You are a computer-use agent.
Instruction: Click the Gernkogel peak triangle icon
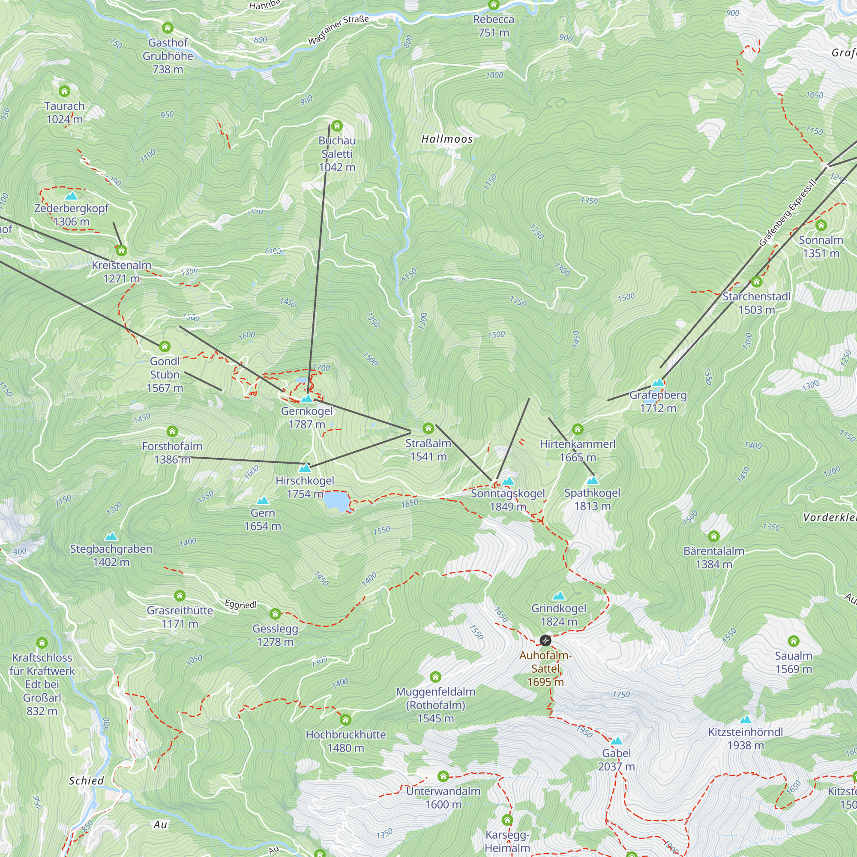pos(307,399)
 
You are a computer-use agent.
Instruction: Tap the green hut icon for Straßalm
pos(428,428)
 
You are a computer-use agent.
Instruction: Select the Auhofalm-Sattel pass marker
pos(545,641)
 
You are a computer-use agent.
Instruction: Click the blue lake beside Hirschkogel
pos(336,502)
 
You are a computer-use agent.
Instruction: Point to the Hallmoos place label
pos(446,139)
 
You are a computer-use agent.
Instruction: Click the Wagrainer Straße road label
pos(339,30)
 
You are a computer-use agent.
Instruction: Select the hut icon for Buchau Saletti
pos(337,126)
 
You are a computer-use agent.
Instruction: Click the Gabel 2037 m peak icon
pos(617,741)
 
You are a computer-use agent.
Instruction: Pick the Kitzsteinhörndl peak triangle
pos(746,719)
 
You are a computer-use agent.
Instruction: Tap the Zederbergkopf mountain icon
pos(71,196)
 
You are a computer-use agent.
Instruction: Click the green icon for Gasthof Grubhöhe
pos(168,28)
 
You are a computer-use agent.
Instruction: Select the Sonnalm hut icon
pos(821,225)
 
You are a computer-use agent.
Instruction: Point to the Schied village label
pos(86,781)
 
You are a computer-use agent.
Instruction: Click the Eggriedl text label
pos(240,604)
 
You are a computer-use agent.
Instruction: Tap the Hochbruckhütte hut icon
pos(345,719)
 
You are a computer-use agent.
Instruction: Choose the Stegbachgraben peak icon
pos(111,537)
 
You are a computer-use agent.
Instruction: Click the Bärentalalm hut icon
pos(714,536)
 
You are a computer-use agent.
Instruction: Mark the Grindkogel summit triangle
pos(559,596)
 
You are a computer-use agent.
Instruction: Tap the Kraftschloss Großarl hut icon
pos(42,643)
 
